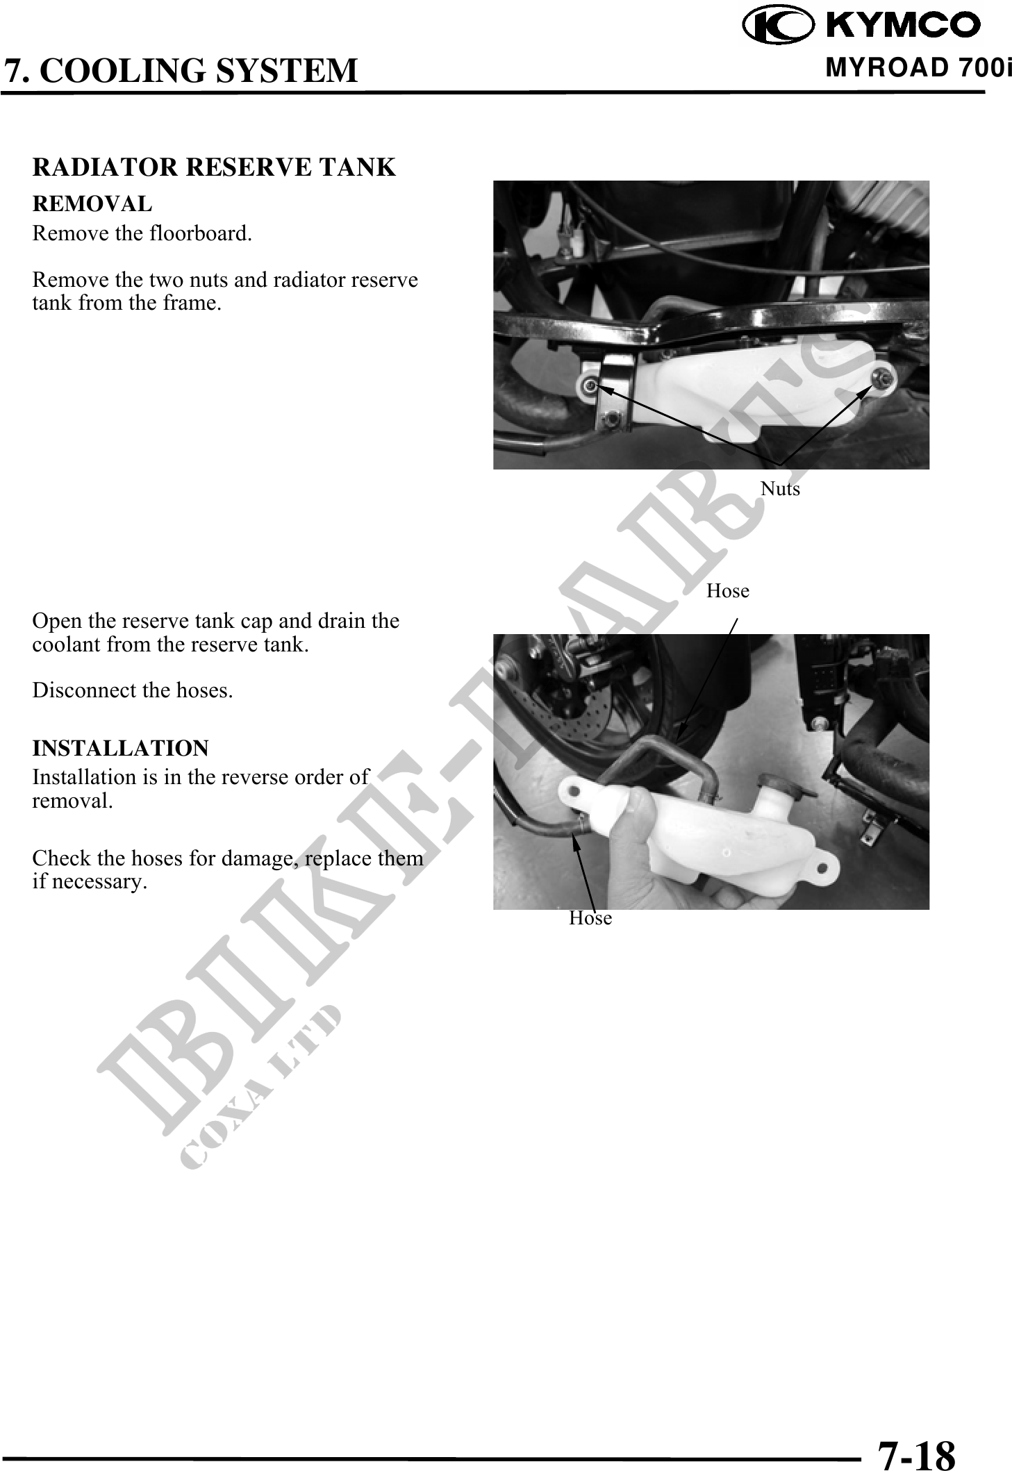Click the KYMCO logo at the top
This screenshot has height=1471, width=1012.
[861, 26]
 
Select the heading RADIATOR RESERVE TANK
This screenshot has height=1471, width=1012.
[214, 167]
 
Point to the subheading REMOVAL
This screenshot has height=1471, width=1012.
[92, 204]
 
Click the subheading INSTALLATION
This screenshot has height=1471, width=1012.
[120, 748]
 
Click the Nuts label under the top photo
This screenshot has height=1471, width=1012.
[780, 489]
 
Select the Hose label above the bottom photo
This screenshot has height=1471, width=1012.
[728, 591]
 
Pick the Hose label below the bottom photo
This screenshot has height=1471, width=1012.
[590, 918]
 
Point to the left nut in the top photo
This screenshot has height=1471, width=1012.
[590, 385]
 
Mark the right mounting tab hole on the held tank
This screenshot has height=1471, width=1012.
[825, 867]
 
